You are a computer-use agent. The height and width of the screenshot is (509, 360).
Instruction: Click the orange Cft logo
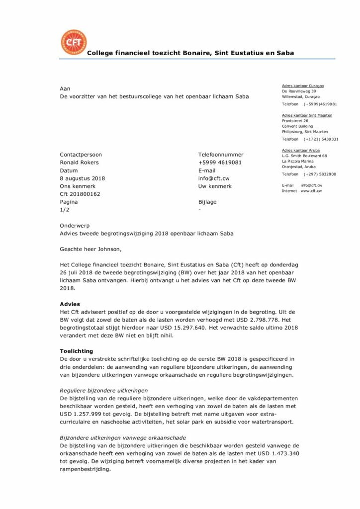point(73,42)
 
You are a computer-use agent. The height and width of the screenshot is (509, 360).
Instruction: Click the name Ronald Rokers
point(79,163)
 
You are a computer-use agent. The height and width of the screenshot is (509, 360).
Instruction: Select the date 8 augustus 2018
point(82,178)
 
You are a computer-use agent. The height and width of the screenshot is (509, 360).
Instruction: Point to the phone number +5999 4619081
point(220,163)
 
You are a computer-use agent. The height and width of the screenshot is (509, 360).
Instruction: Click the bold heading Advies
point(70,304)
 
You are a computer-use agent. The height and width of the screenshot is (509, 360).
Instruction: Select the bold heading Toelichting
point(77,351)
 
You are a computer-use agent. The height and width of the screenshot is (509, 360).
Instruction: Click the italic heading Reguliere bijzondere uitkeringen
point(104,391)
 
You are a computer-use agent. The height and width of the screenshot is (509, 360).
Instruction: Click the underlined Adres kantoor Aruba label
point(301,150)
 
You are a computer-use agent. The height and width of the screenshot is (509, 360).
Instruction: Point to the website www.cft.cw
point(311,191)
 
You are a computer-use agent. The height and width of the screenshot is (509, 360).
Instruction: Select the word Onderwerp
point(75,226)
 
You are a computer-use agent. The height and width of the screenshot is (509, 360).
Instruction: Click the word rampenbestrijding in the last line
point(85,469)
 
